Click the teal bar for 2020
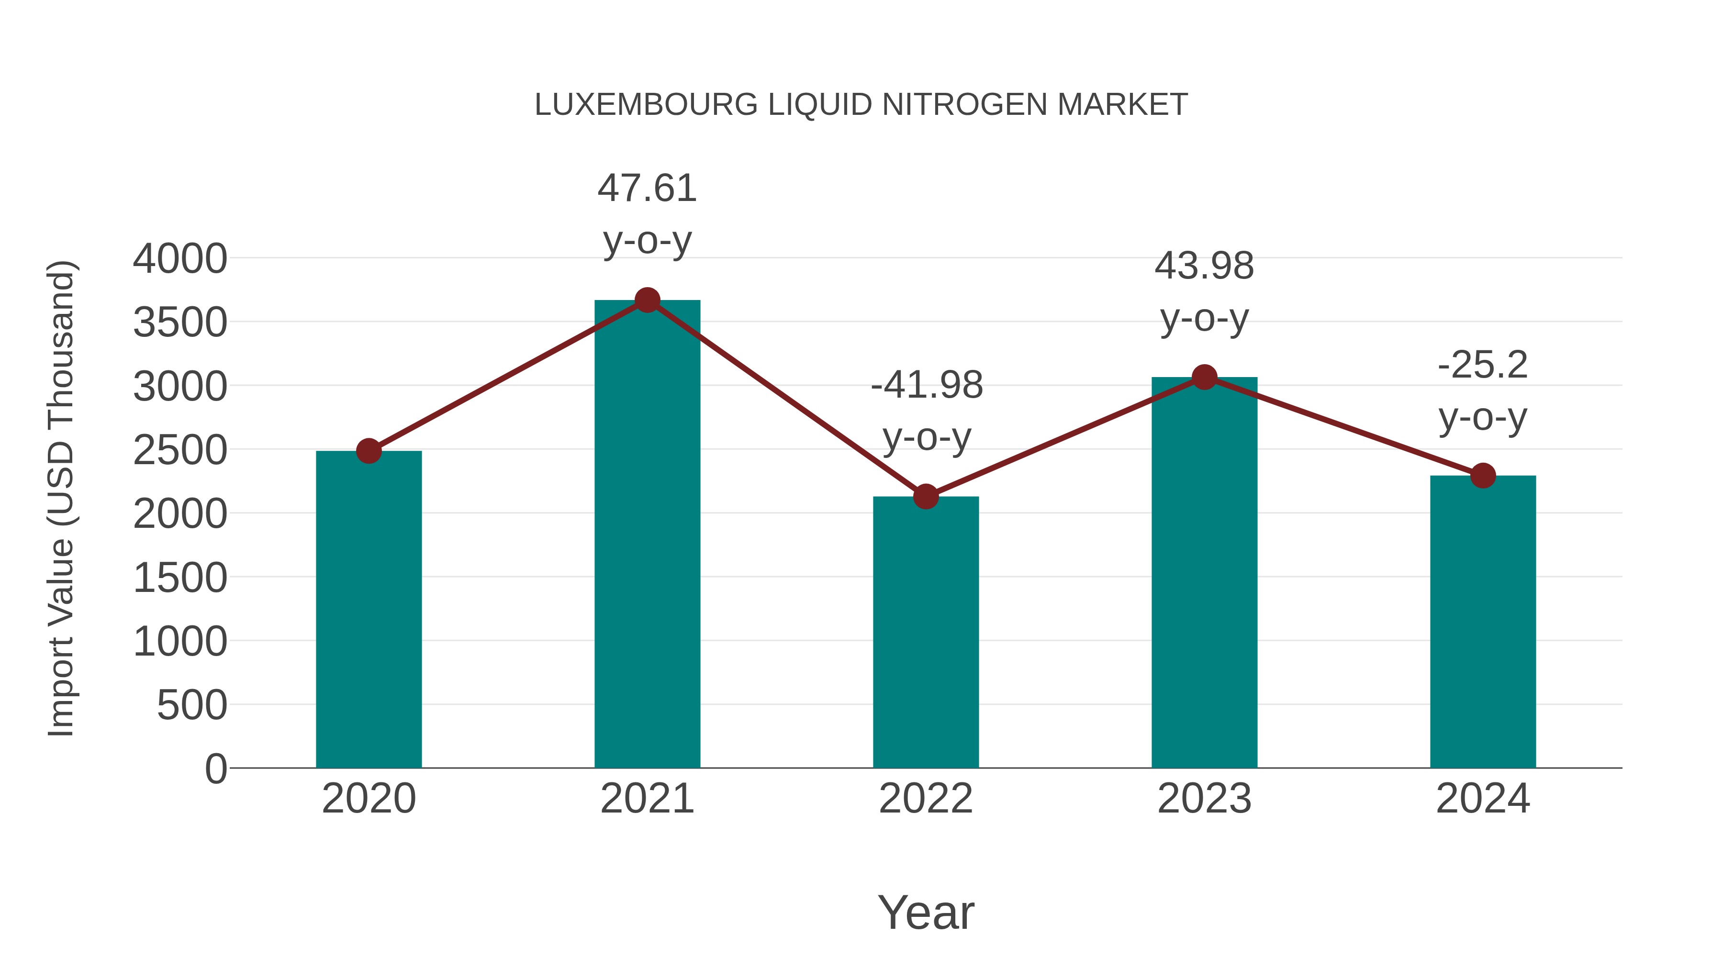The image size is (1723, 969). (369, 609)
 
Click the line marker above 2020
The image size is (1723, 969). (369, 451)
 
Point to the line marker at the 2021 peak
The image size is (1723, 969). (647, 300)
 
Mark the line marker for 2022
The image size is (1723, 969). (926, 497)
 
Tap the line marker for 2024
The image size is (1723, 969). (1483, 476)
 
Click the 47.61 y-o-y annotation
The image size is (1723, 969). (647, 213)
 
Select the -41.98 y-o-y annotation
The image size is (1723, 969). (927, 411)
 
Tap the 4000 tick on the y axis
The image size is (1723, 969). (180, 259)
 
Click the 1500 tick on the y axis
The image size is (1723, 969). (180, 578)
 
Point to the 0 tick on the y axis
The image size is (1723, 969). (215, 769)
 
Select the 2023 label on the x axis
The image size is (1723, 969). (1204, 799)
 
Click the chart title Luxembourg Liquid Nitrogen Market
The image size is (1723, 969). (861, 105)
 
